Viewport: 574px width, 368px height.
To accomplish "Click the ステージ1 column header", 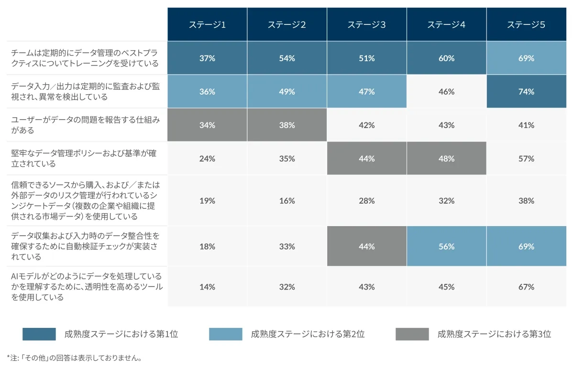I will (207, 25).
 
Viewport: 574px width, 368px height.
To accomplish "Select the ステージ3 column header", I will (367, 25).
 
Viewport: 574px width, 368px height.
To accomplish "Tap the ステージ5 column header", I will (526, 25).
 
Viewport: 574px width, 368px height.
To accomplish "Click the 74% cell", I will (526, 92).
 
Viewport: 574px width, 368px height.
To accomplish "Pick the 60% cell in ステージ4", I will (446, 58).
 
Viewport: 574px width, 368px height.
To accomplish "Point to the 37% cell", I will (207, 58).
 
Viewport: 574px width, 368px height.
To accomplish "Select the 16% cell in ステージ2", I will (287, 201).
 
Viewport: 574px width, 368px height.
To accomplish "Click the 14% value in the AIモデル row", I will (207, 287).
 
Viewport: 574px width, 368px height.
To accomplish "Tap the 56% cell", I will (446, 247).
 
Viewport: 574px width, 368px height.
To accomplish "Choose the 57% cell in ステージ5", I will (526, 159).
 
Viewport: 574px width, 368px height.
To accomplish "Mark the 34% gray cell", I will (207, 125).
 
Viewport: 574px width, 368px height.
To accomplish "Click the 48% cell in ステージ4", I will (446, 159).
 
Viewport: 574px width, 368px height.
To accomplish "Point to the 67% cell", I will (526, 287).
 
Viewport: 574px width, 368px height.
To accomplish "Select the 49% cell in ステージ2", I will (287, 92).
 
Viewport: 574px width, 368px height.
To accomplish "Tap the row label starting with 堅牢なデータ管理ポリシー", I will (84, 159).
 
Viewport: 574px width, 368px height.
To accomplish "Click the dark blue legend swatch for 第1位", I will (39, 334).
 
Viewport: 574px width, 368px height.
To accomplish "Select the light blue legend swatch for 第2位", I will (226, 334).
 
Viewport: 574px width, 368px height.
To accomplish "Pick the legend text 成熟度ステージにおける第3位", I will (494, 334).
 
